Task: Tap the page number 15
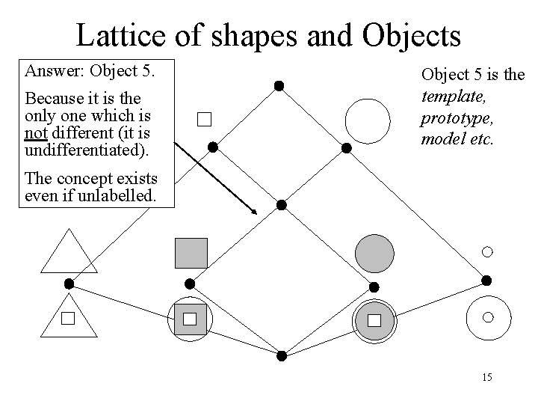point(486,377)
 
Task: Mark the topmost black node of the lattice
point(278,86)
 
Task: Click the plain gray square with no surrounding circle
point(191,253)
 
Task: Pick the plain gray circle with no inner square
point(374,253)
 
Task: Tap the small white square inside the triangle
point(69,319)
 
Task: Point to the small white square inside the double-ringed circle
point(374,320)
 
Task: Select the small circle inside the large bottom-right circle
point(488,317)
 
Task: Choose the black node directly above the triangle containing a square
point(69,284)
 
